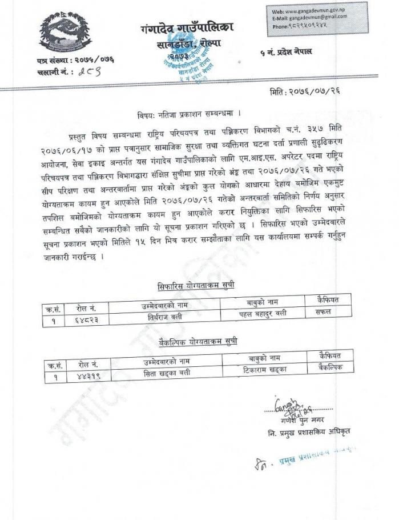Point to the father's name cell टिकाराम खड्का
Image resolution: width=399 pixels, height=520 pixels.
pyautogui.click(x=263, y=370)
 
